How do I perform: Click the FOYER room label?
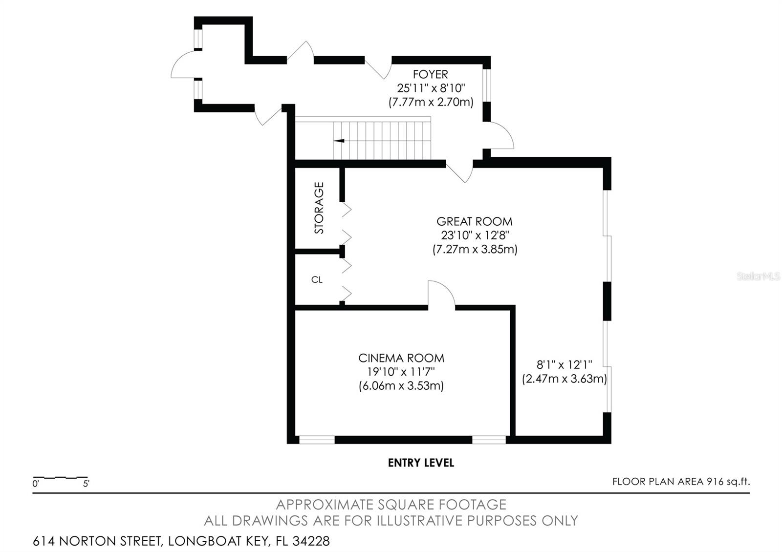point(430,74)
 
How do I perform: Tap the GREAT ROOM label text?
point(475,222)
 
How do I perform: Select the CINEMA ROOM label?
point(401,358)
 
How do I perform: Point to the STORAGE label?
point(319,208)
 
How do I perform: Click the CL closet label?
point(317,279)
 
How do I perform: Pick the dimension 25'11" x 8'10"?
point(431,88)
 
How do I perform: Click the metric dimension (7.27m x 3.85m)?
point(475,250)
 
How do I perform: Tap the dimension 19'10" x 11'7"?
point(401,372)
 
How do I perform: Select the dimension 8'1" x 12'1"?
point(564,364)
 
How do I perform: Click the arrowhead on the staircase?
point(339,141)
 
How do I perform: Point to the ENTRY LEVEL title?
point(421,463)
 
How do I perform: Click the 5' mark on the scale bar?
point(86,484)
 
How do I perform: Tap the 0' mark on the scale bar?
point(35,484)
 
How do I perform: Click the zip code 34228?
point(311,541)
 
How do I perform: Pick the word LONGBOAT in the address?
point(204,541)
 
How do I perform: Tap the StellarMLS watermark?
point(758,276)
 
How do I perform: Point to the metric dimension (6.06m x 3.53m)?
point(401,386)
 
